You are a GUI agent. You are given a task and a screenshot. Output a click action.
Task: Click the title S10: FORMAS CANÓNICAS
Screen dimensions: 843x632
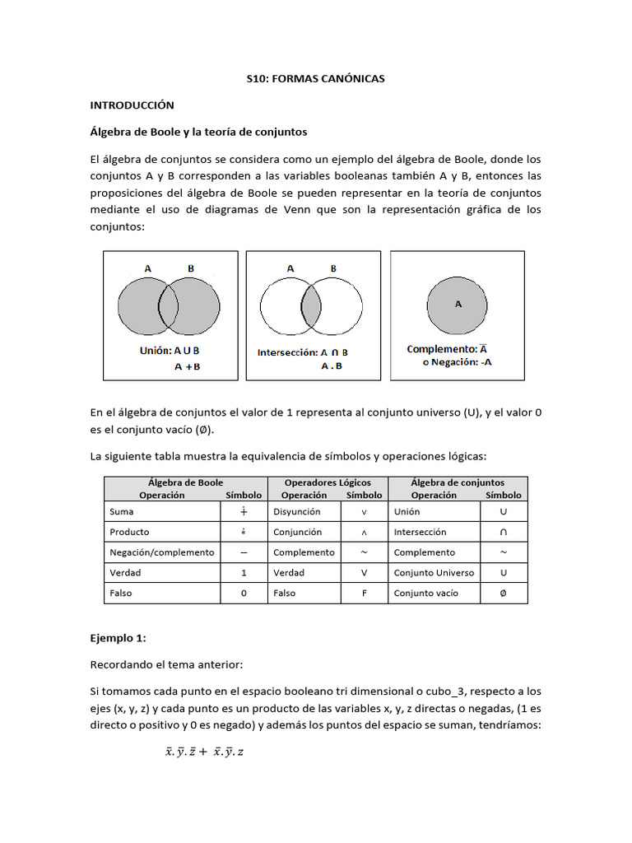(x=316, y=79)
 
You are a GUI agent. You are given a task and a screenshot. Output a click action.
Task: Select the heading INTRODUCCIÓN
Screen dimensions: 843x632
(x=132, y=105)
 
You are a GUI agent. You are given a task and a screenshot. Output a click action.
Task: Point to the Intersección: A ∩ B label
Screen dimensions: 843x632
(x=303, y=352)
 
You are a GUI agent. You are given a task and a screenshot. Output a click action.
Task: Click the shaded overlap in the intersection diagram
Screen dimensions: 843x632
(x=311, y=305)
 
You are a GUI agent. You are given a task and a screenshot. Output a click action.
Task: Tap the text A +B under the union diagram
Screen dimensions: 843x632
(x=187, y=367)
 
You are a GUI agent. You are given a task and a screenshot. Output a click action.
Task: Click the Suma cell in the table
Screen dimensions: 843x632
(x=121, y=511)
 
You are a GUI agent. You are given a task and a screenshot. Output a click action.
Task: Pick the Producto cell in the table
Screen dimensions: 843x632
(x=129, y=532)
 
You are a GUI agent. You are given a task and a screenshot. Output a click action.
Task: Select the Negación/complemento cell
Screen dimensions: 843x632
(x=161, y=552)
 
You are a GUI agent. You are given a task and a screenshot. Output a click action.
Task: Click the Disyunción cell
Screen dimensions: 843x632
(x=296, y=511)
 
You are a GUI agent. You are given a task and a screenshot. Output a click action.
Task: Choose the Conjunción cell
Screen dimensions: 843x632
(x=298, y=532)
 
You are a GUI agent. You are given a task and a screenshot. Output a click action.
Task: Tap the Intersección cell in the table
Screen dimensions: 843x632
(x=420, y=532)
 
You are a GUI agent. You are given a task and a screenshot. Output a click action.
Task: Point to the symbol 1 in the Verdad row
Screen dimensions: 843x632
(x=244, y=573)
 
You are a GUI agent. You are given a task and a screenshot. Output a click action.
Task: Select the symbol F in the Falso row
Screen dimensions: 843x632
(x=364, y=593)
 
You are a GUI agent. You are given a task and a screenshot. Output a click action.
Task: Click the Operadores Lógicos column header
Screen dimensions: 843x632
(x=328, y=482)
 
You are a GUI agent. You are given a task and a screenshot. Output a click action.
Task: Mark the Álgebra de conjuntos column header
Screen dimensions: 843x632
(x=458, y=482)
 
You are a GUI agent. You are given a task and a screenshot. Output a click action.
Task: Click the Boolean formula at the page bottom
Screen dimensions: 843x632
(x=205, y=751)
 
